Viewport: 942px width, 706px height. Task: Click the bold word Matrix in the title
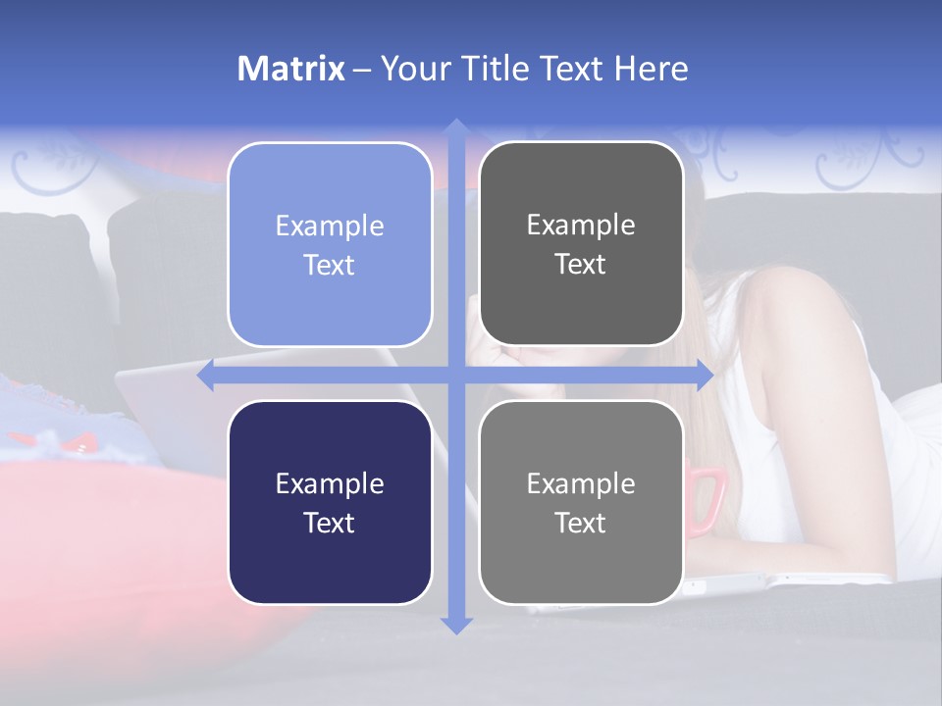(291, 69)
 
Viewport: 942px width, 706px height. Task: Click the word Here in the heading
(652, 69)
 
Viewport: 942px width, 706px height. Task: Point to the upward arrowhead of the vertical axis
(455, 128)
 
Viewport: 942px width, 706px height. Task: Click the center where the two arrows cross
(455, 376)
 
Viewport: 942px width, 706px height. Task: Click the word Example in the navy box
(330, 483)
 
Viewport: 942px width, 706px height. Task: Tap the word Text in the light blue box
(330, 265)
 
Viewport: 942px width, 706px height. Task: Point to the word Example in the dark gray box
(581, 226)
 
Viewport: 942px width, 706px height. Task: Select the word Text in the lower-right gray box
(581, 523)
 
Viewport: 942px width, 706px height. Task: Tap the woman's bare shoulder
(785, 314)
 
